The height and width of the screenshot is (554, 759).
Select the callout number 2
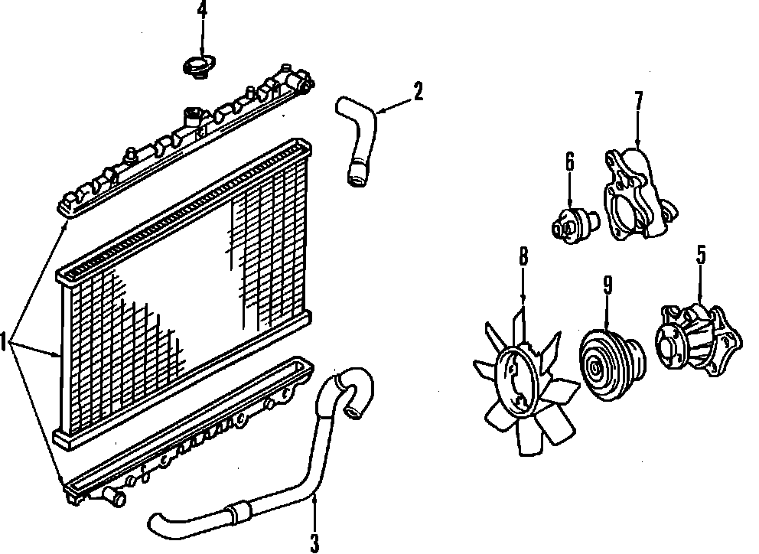tap(417, 91)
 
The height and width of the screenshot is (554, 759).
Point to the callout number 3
tap(314, 543)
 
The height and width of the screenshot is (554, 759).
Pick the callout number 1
tap(6, 342)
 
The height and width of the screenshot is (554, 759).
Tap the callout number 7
tap(638, 100)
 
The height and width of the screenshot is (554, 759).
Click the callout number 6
tap(570, 161)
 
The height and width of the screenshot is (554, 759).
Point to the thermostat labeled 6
tap(575, 224)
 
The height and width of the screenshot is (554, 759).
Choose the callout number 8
tap(523, 257)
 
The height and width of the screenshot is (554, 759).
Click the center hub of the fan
tap(518, 376)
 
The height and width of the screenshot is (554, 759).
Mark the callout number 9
tap(607, 285)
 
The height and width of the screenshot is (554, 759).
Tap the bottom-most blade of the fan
tap(529, 435)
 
